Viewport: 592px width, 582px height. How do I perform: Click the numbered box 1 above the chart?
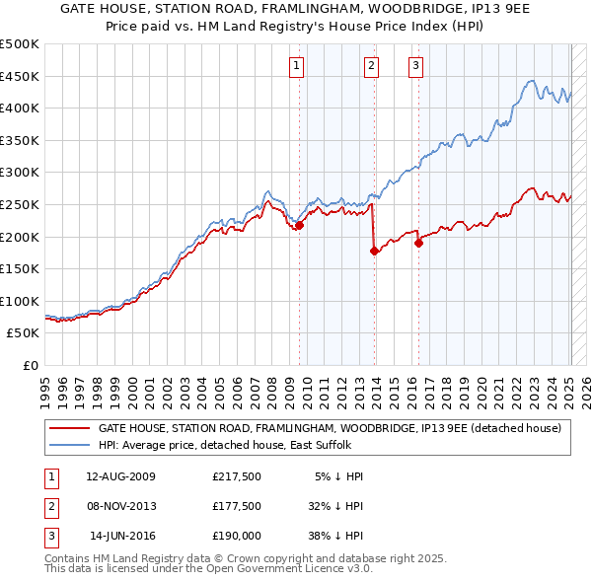click(x=297, y=66)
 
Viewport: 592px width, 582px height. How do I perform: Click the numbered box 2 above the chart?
click(x=372, y=66)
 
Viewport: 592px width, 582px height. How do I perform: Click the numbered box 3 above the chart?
click(x=415, y=66)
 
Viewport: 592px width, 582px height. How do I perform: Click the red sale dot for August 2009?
click(x=299, y=225)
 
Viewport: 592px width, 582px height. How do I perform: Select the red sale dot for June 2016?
click(x=419, y=243)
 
